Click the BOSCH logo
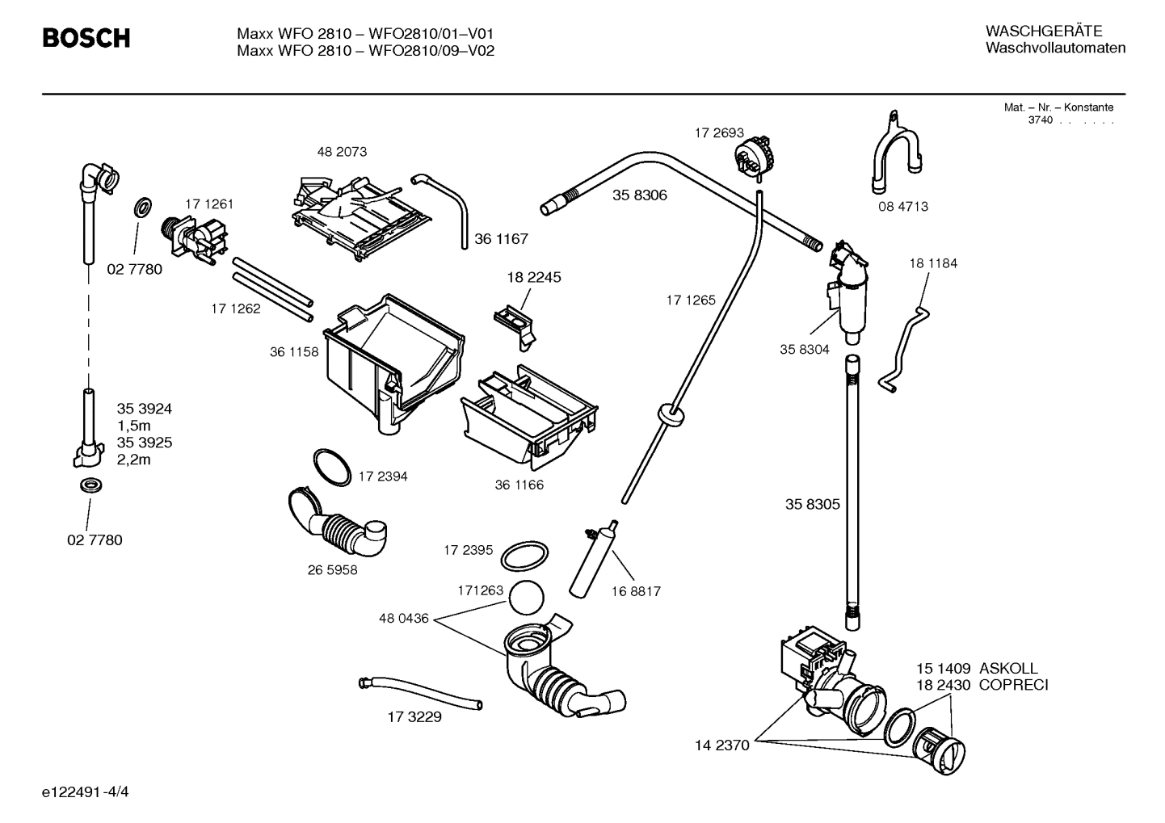(x=86, y=38)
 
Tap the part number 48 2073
(x=342, y=152)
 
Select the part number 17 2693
(x=719, y=132)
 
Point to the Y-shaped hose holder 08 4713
(x=895, y=157)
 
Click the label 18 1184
(x=933, y=263)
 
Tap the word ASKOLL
(x=1008, y=668)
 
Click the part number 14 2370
(x=722, y=745)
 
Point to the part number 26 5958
(x=332, y=569)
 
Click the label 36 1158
(x=294, y=352)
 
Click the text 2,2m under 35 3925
(x=134, y=460)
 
